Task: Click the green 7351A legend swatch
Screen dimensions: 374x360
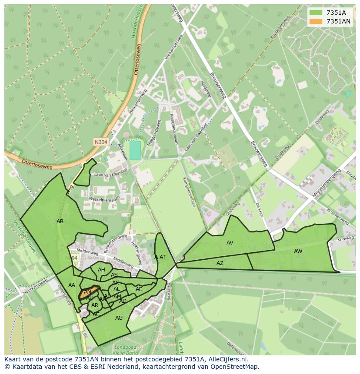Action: click(316, 13)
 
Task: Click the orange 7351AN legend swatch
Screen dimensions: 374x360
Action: click(316, 21)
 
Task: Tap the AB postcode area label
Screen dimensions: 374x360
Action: click(60, 222)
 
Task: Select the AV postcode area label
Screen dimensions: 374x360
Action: click(230, 243)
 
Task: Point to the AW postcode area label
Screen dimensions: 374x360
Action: click(298, 252)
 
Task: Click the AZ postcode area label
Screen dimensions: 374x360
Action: click(220, 263)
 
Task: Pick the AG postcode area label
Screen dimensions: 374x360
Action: click(119, 318)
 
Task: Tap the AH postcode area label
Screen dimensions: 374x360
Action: click(101, 270)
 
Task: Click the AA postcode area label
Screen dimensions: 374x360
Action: click(72, 285)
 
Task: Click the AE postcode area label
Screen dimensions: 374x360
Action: click(139, 289)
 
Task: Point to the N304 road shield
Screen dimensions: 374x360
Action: click(100, 142)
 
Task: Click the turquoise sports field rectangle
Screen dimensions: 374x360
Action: click(135, 150)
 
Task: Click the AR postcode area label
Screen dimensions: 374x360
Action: click(95, 305)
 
